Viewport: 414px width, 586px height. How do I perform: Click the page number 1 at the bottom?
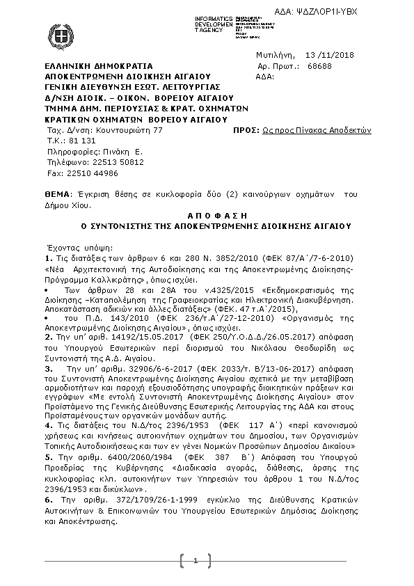coord(196,561)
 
